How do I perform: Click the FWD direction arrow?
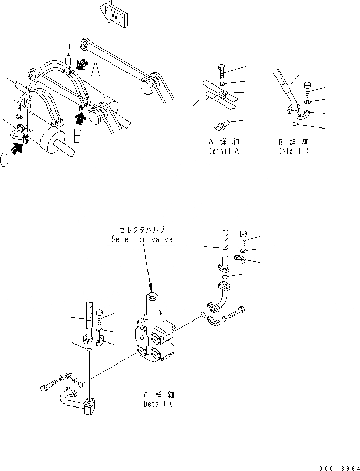click(114, 17)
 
